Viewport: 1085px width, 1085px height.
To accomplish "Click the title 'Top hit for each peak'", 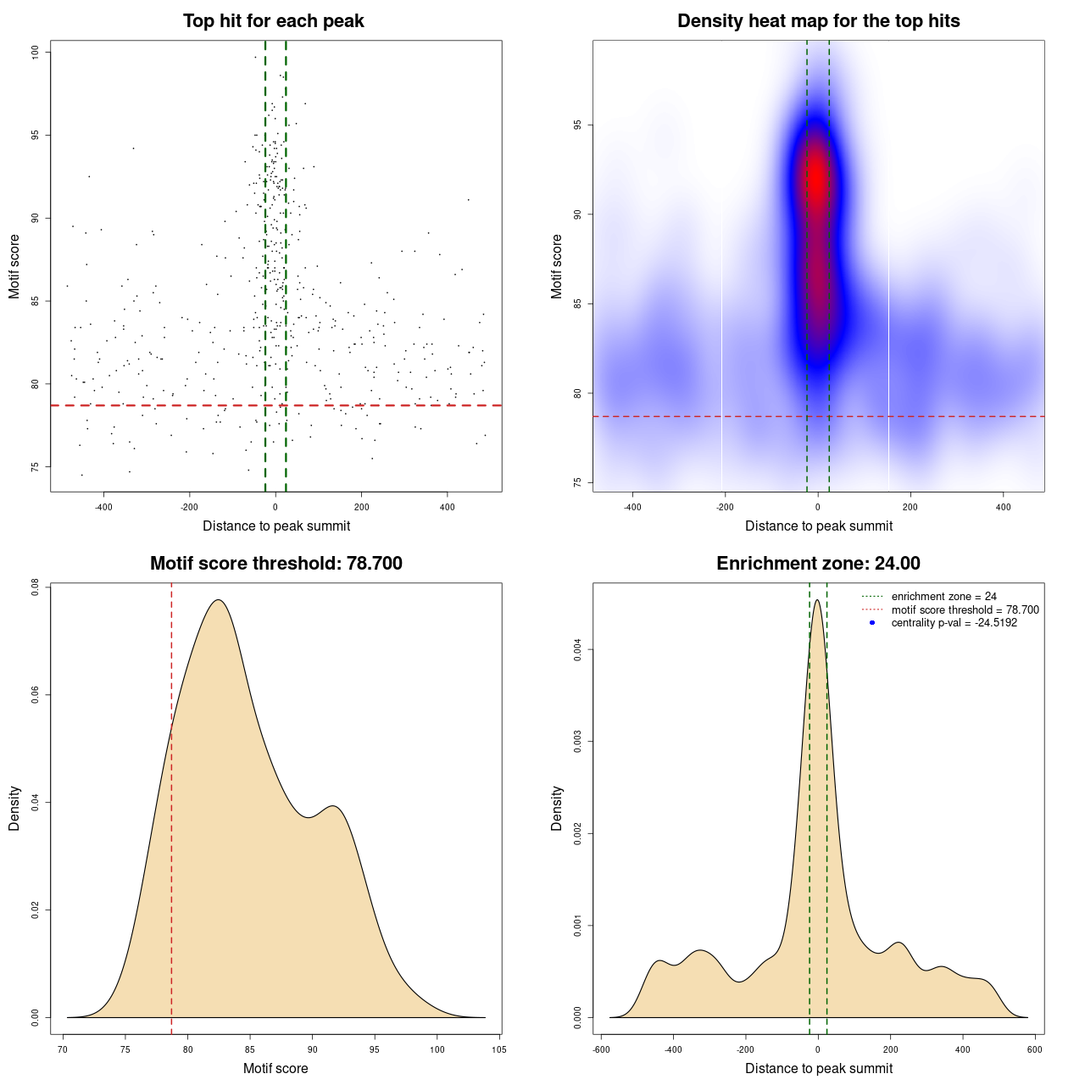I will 273,21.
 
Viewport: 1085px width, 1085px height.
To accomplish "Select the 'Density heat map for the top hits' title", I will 818,21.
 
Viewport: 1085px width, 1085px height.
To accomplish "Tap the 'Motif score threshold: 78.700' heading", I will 275,564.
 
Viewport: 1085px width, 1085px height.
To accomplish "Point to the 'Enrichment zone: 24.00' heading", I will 818,564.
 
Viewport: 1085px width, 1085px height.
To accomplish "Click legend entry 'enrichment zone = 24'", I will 943,597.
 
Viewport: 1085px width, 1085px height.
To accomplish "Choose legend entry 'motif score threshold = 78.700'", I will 965,609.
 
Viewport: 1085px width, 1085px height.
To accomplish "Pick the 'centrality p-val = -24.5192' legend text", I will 954,622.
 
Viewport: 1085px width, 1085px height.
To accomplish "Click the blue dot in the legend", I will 872,622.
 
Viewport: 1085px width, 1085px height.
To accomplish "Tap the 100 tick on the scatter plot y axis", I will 36,53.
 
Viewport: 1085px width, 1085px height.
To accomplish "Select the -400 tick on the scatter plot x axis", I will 103,507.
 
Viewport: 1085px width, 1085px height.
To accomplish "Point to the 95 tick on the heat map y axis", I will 577,125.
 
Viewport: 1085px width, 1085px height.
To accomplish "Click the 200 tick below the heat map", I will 910,507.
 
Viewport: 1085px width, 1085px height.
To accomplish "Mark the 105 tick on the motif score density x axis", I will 499,1049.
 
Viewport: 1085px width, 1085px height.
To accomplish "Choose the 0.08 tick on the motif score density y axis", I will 36,587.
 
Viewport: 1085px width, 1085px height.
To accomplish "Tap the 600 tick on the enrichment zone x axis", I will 1035,1049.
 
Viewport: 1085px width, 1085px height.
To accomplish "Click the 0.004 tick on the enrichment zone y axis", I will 577,650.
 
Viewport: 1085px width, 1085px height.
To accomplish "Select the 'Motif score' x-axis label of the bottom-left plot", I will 275,1068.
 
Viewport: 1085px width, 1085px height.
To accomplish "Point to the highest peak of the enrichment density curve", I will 817,600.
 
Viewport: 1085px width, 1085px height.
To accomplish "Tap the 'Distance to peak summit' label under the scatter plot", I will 276,526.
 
